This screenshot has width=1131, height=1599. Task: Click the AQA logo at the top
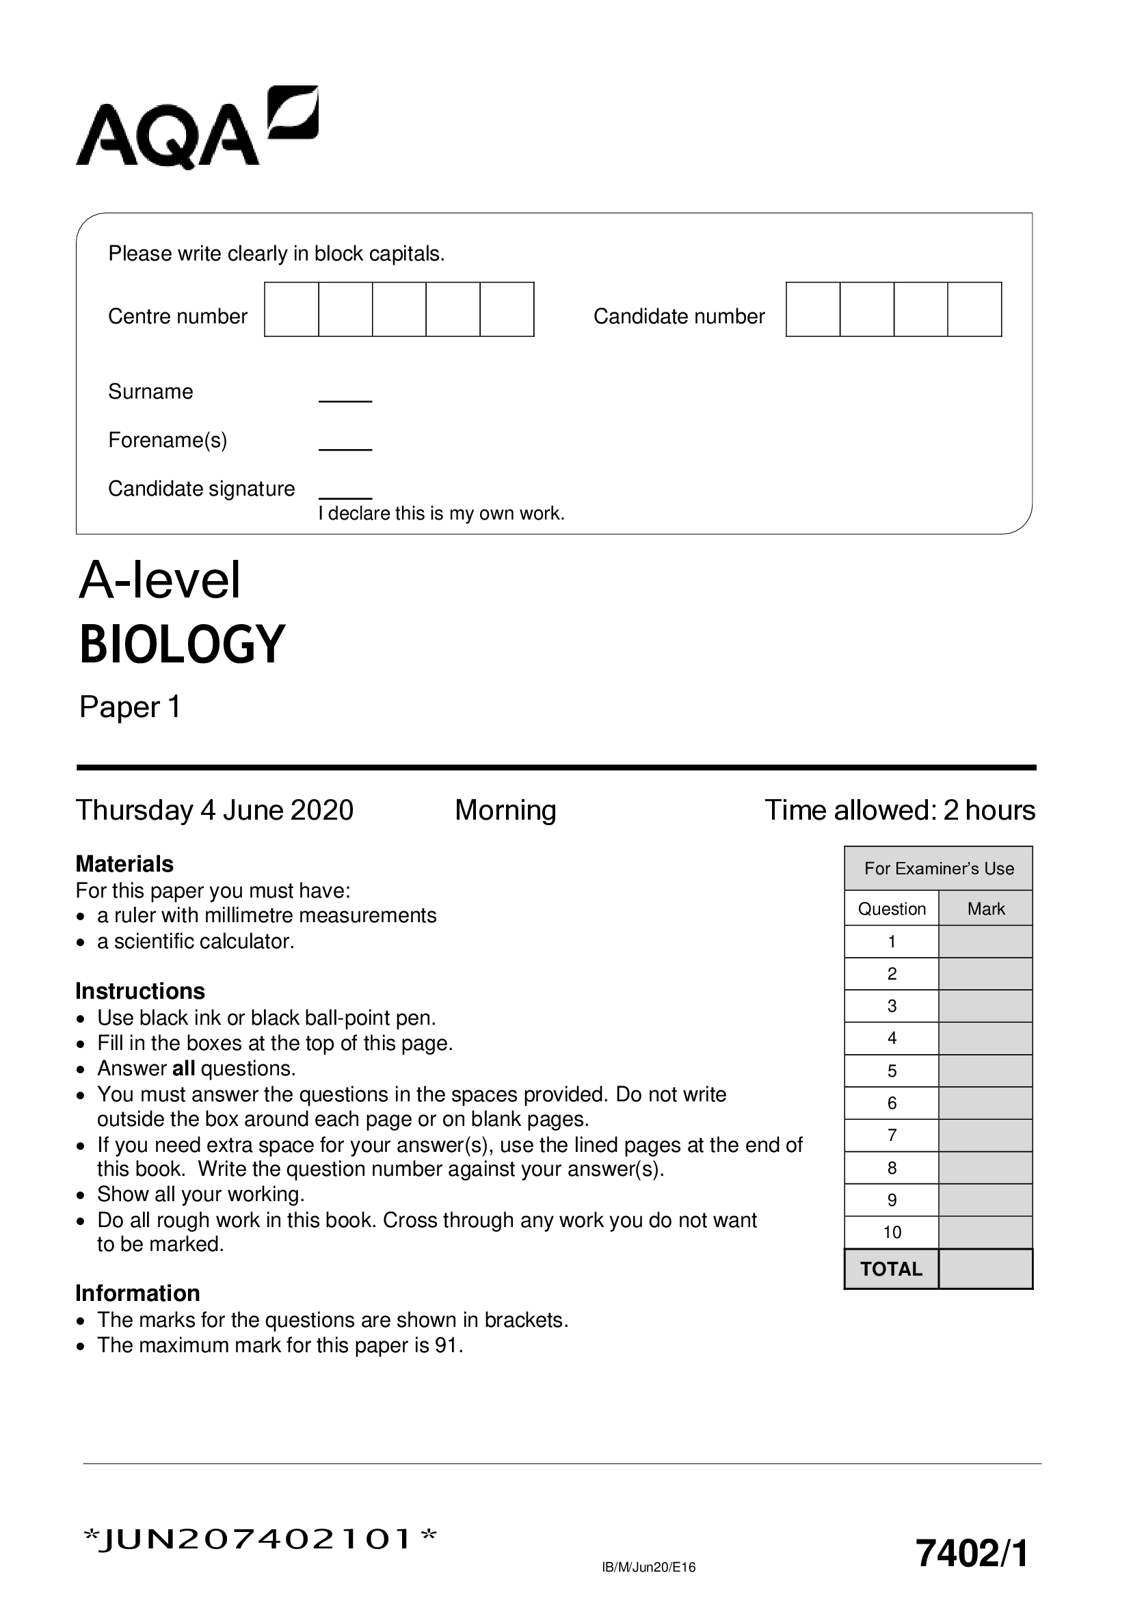tap(196, 128)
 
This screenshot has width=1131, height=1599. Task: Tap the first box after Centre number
tap(291, 309)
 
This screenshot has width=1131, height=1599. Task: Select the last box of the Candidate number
tap(974, 309)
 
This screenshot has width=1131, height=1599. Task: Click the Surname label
tap(150, 392)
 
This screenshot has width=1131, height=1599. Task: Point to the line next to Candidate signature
tap(345, 497)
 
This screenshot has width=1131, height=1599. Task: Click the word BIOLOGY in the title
tap(183, 644)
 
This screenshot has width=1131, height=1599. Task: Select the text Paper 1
tap(130, 707)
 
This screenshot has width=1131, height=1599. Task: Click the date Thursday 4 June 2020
tap(215, 810)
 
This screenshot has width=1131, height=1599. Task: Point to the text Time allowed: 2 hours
tap(900, 810)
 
